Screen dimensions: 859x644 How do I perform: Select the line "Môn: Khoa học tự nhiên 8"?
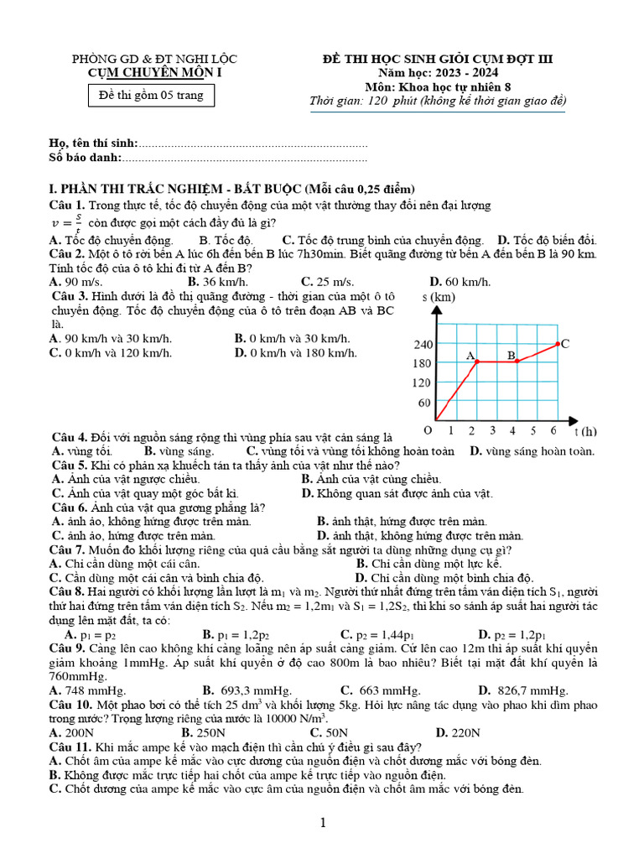pyautogui.click(x=439, y=87)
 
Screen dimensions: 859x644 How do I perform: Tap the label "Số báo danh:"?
pyautogui.click(x=86, y=157)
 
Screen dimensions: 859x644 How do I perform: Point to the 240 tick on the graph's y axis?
pyautogui.click(x=423, y=344)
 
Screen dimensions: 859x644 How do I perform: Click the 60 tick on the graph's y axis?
pyautogui.click(x=425, y=403)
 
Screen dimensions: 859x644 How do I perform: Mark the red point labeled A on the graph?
pyautogui.click(x=476, y=362)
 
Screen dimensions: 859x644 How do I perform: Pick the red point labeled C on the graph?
pyautogui.click(x=558, y=343)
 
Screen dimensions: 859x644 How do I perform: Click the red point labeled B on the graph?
pyautogui.click(x=517, y=362)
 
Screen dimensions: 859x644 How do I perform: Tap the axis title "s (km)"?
pyautogui.click(x=439, y=297)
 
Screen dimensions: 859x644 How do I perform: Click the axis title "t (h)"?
pyautogui.click(x=585, y=431)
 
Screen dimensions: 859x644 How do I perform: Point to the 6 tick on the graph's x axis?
pyautogui.click(x=553, y=431)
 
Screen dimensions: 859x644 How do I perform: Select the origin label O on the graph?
pyautogui.click(x=428, y=430)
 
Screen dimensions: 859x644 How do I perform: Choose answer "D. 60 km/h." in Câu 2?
pyautogui.click(x=460, y=282)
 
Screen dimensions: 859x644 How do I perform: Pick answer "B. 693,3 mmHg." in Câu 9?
pyautogui.click(x=235, y=690)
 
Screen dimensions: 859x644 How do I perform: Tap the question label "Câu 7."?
pyautogui.click(x=70, y=549)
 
